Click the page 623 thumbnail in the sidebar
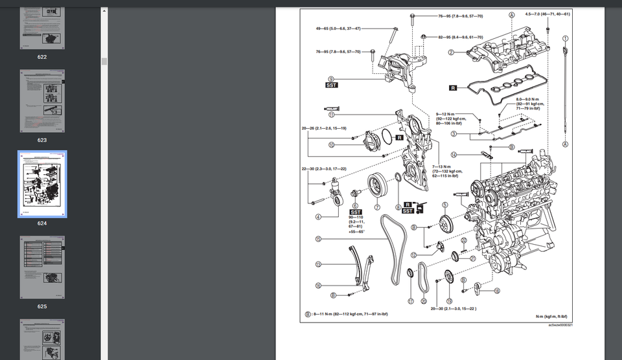42,101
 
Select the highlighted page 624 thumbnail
42,185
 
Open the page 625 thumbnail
42,267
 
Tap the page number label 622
42,57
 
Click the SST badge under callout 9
331,85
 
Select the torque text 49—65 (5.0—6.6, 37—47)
338,28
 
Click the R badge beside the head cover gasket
452,86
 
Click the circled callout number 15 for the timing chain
318,239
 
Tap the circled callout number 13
318,264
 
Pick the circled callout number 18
497,291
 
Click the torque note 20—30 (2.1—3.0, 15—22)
453,309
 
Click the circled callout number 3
454,134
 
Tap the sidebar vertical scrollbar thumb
104,62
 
